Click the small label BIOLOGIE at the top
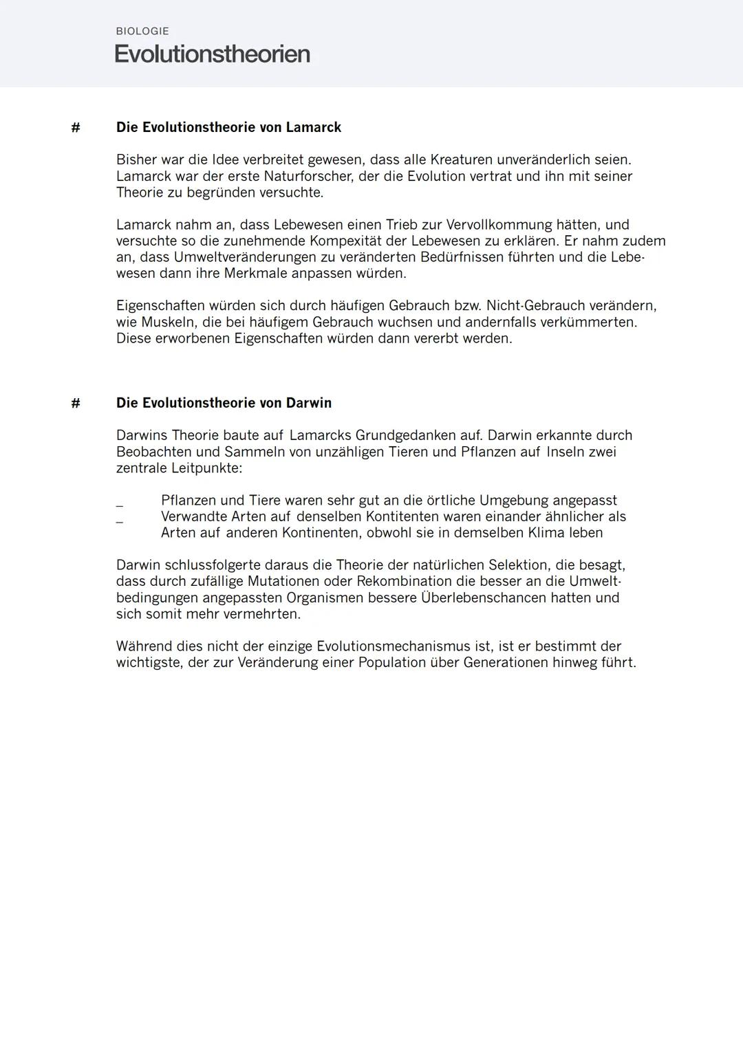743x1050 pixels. point(142,31)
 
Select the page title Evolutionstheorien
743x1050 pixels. point(212,54)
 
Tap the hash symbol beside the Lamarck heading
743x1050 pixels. point(76,127)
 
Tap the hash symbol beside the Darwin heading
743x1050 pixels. point(76,403)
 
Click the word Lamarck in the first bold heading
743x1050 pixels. point(314,127)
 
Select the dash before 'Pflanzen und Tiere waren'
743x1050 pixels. point(120,506)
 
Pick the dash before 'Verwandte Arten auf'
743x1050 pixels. point(120,523)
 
